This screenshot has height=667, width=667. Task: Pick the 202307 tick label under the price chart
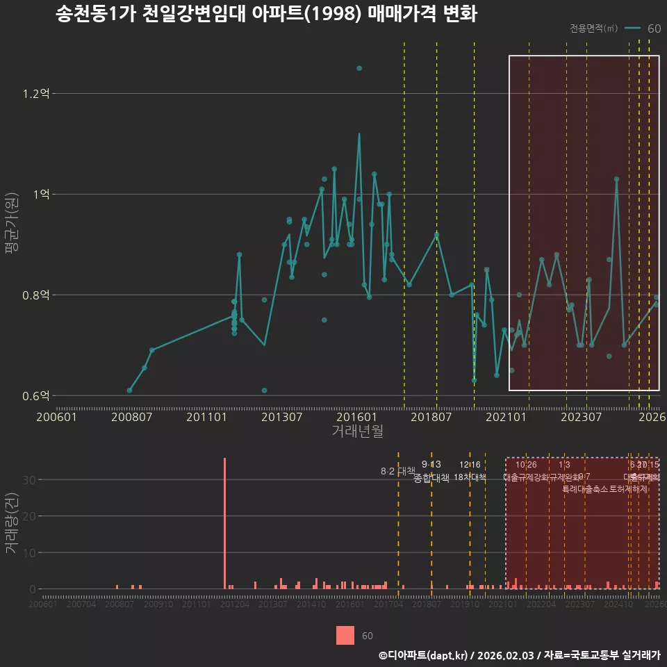point(581,417)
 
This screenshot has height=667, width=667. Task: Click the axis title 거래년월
point(357,431)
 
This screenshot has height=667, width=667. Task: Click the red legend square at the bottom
point(345,635)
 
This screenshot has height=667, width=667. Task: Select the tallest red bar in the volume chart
point(224,523)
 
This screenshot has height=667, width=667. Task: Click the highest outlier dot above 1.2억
point(359,68)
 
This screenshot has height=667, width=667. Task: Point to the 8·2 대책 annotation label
point(397,471)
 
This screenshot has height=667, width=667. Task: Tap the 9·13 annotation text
point(431,464)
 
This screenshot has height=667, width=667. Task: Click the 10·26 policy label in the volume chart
point(526,465)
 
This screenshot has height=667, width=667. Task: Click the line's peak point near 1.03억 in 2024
point(616,179)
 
